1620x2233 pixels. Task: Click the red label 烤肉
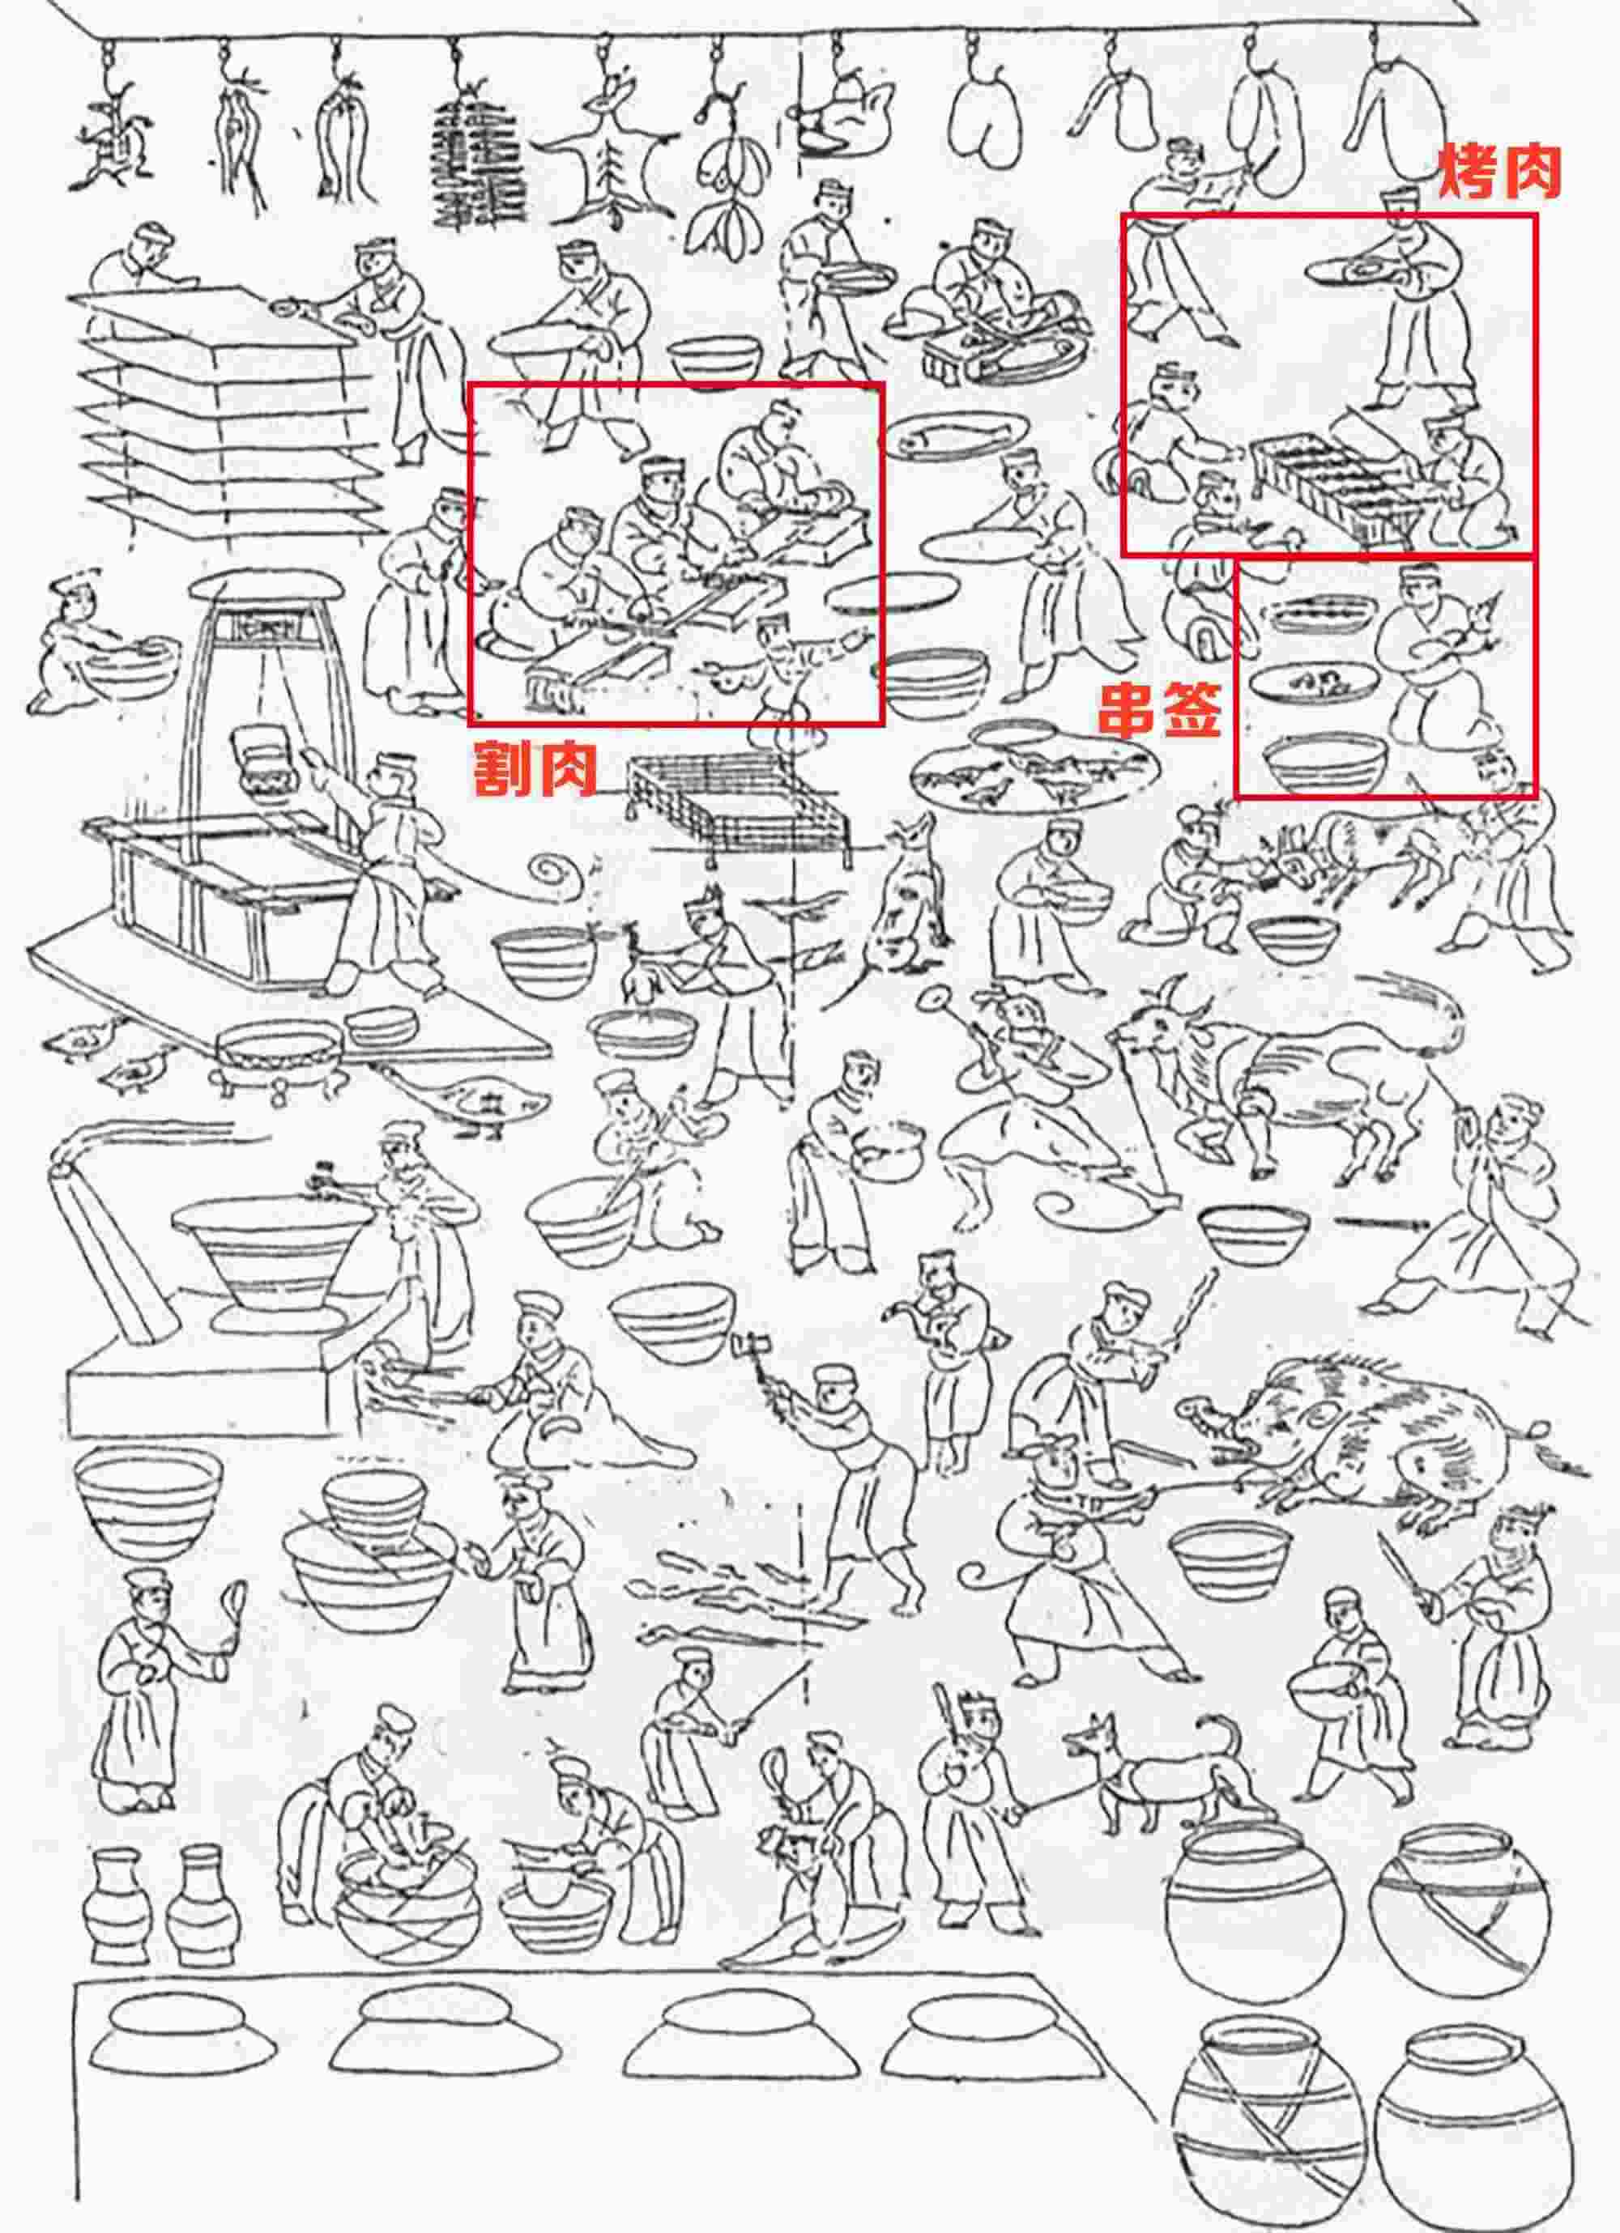coord(1500,172)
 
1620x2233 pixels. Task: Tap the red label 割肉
coord(535,769)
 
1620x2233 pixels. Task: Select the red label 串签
coord(1160,710)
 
